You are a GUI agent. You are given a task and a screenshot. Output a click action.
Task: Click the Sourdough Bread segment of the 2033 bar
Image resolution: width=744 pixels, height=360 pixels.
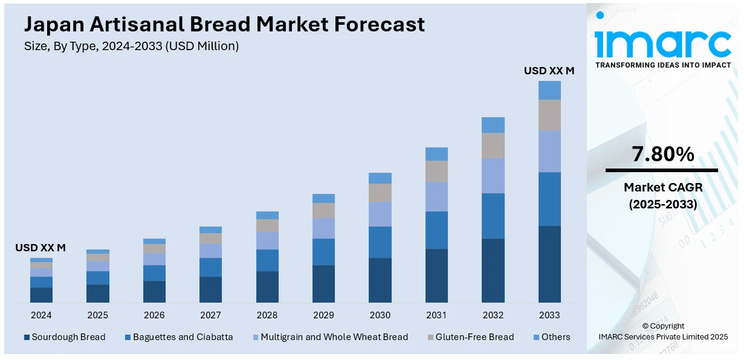pos(549,264)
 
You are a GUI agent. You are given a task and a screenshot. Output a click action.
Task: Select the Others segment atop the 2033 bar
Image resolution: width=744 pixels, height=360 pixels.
pos(549,91)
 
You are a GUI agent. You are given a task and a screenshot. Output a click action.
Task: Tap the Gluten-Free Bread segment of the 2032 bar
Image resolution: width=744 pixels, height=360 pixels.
pos(493,146)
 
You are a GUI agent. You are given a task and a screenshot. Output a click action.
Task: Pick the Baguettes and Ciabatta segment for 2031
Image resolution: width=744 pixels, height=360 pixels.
pos(436,230)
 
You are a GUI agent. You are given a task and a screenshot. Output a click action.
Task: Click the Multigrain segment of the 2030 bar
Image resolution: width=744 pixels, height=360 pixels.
pos(380,214)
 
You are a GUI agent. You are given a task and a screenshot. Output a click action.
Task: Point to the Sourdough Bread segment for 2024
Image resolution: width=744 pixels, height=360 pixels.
pos(41,295)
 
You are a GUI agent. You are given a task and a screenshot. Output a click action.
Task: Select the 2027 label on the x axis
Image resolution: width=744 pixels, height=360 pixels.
pos(210,315)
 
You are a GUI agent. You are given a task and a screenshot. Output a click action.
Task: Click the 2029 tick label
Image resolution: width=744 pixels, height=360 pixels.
pos(323,315)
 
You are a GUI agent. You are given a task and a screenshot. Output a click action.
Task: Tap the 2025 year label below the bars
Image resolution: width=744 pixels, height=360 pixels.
pos(97,315)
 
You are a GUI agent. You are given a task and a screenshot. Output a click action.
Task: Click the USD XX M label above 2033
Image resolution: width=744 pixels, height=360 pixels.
pos(549,71)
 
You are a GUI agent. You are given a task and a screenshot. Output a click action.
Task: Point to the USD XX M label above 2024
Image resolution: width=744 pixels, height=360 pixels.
pos(40,248)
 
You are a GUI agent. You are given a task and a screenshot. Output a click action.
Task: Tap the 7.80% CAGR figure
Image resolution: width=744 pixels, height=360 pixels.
pos(663,155)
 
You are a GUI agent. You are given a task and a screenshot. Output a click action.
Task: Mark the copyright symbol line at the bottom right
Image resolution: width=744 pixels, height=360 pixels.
pos(663,326)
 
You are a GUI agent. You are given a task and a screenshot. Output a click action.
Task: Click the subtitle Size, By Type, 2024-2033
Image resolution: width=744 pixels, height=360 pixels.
pos(131,47)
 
